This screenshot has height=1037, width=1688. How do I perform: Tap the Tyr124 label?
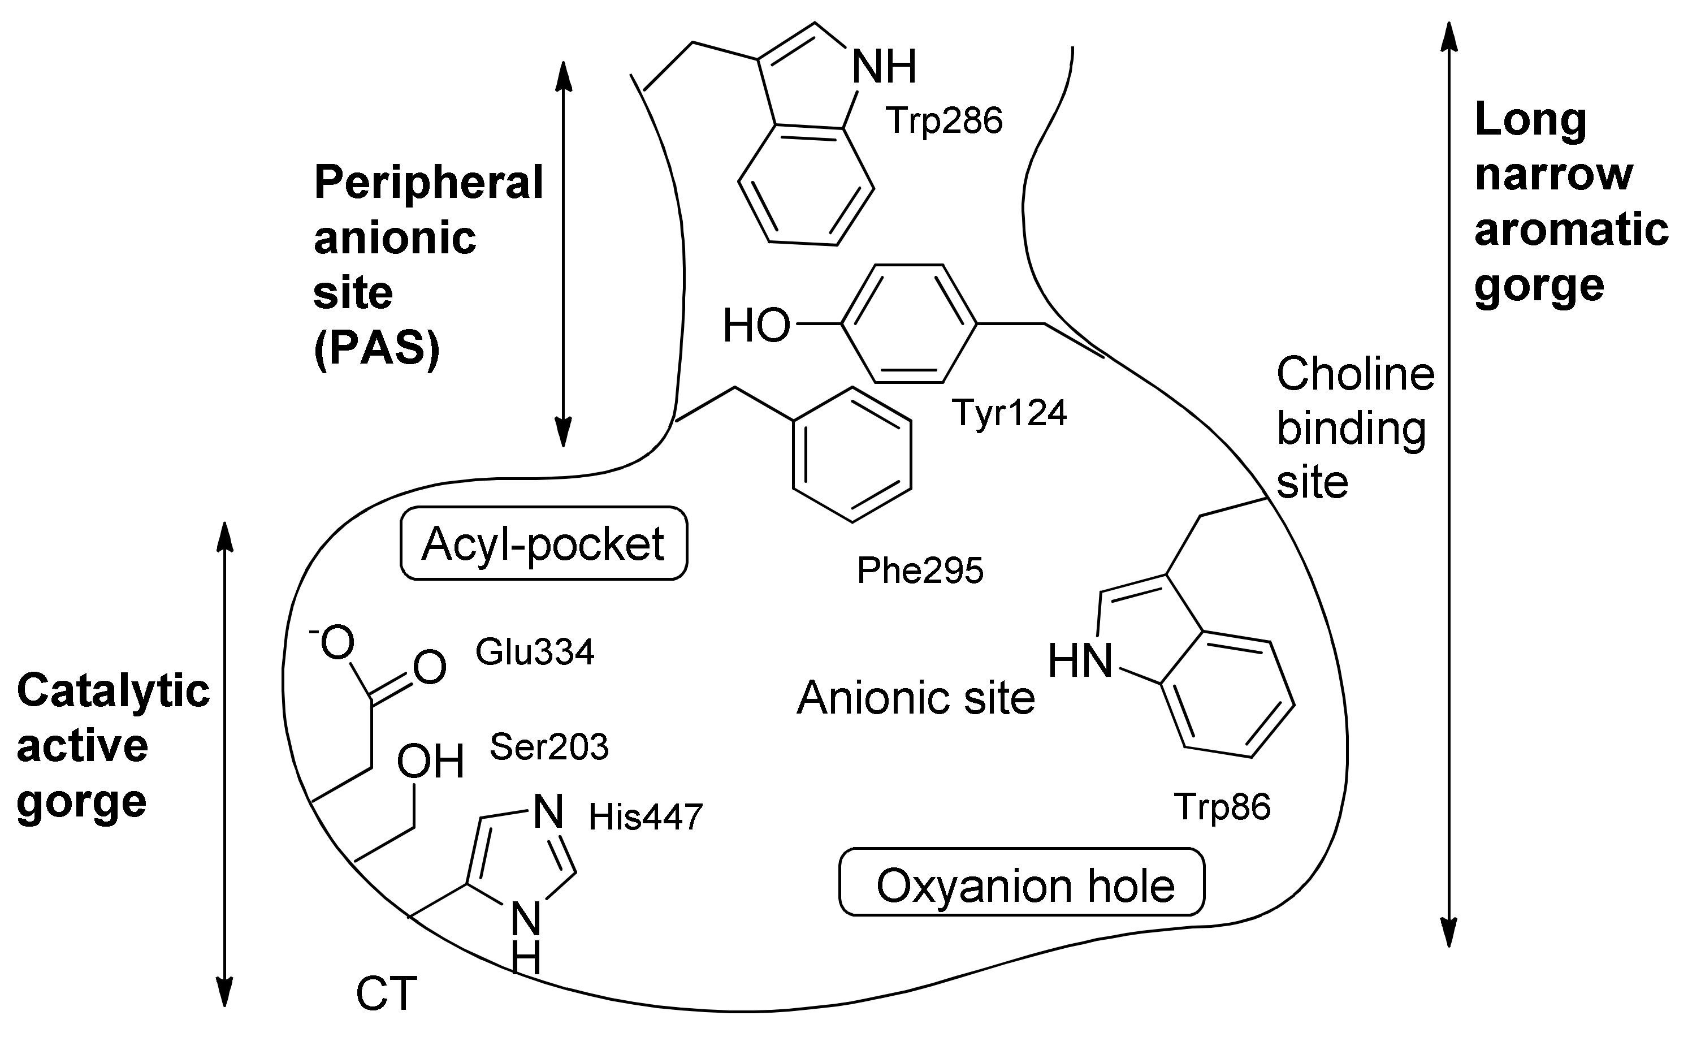[1009, 413]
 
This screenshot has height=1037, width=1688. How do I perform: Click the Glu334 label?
[534, 653]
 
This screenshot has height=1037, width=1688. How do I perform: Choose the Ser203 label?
[548, 747]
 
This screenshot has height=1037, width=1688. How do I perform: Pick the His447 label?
[645, 818]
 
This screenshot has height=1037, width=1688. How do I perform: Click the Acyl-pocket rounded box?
[543, 544]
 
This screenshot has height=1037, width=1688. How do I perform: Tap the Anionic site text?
[915, 698]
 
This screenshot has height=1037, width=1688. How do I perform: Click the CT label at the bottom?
[386, 995]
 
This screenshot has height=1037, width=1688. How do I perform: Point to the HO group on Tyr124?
[756, 326]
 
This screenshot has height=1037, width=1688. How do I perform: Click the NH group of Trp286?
[883, 67]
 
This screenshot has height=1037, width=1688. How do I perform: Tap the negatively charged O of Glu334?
[335, 643]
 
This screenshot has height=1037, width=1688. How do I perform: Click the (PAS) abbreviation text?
[376, 349]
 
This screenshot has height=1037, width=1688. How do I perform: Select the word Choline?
[1355, 374]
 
